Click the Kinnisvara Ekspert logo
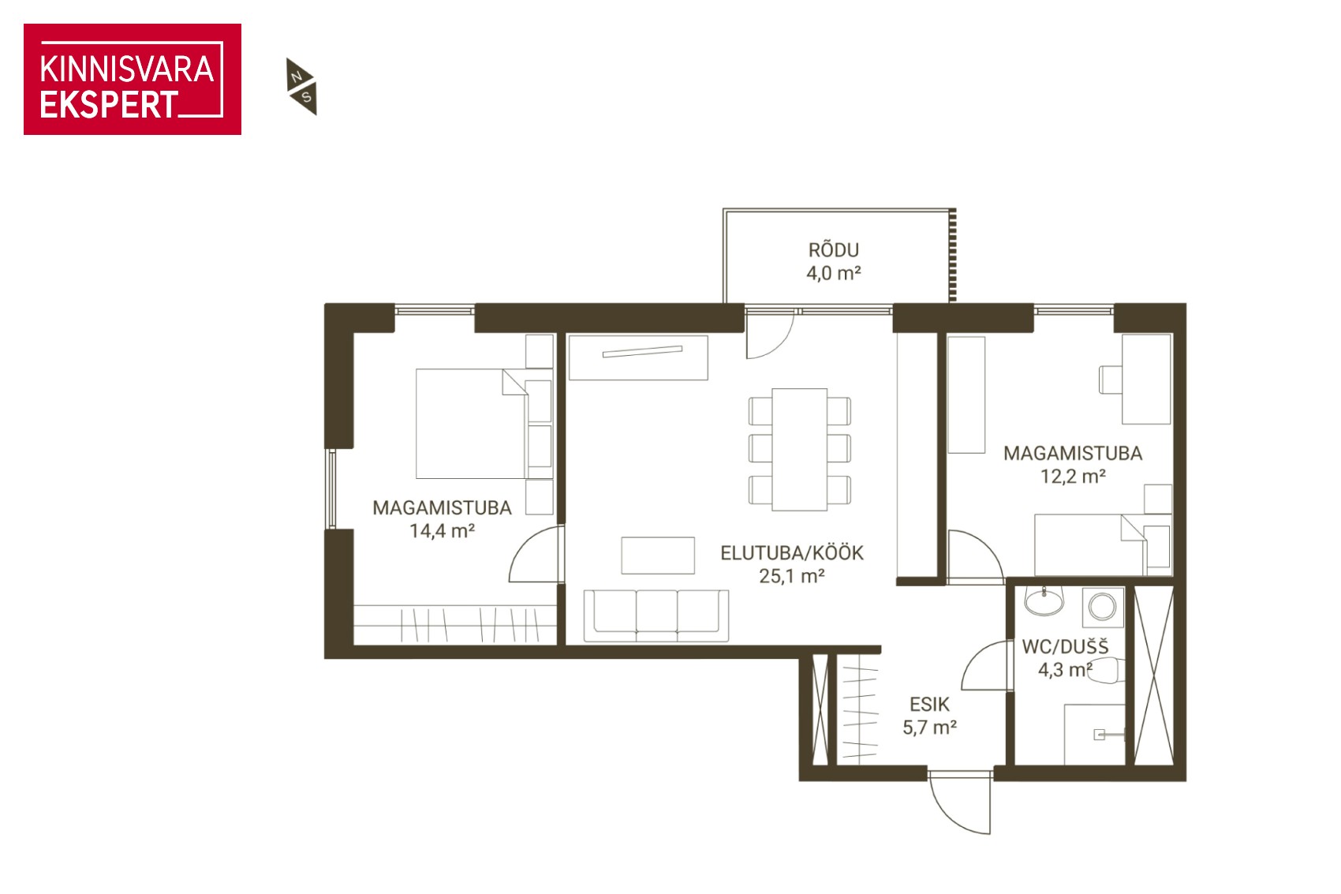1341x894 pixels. tap(133, 79)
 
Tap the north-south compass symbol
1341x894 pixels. tap(301, 87)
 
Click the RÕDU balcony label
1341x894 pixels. tap(833, 249)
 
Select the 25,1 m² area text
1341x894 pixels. tap(791, 576)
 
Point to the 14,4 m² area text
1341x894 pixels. tap(442, 531)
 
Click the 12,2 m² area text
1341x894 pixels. tap(1072, 477)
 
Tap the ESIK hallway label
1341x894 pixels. tap(929, 704)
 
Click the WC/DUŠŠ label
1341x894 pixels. tap(1065, 647)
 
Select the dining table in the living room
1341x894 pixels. tap(799, 450)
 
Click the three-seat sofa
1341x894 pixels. tap(656, 615)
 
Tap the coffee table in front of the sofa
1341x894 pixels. tap(658, 555)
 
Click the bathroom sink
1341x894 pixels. tap(1044, 601)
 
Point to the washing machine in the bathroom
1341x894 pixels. tap(1103, 607)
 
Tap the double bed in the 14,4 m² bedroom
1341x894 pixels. tap(471, 424)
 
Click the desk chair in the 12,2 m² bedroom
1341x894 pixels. tap(1110, 380)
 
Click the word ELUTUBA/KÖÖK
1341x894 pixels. tap(791, 552)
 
